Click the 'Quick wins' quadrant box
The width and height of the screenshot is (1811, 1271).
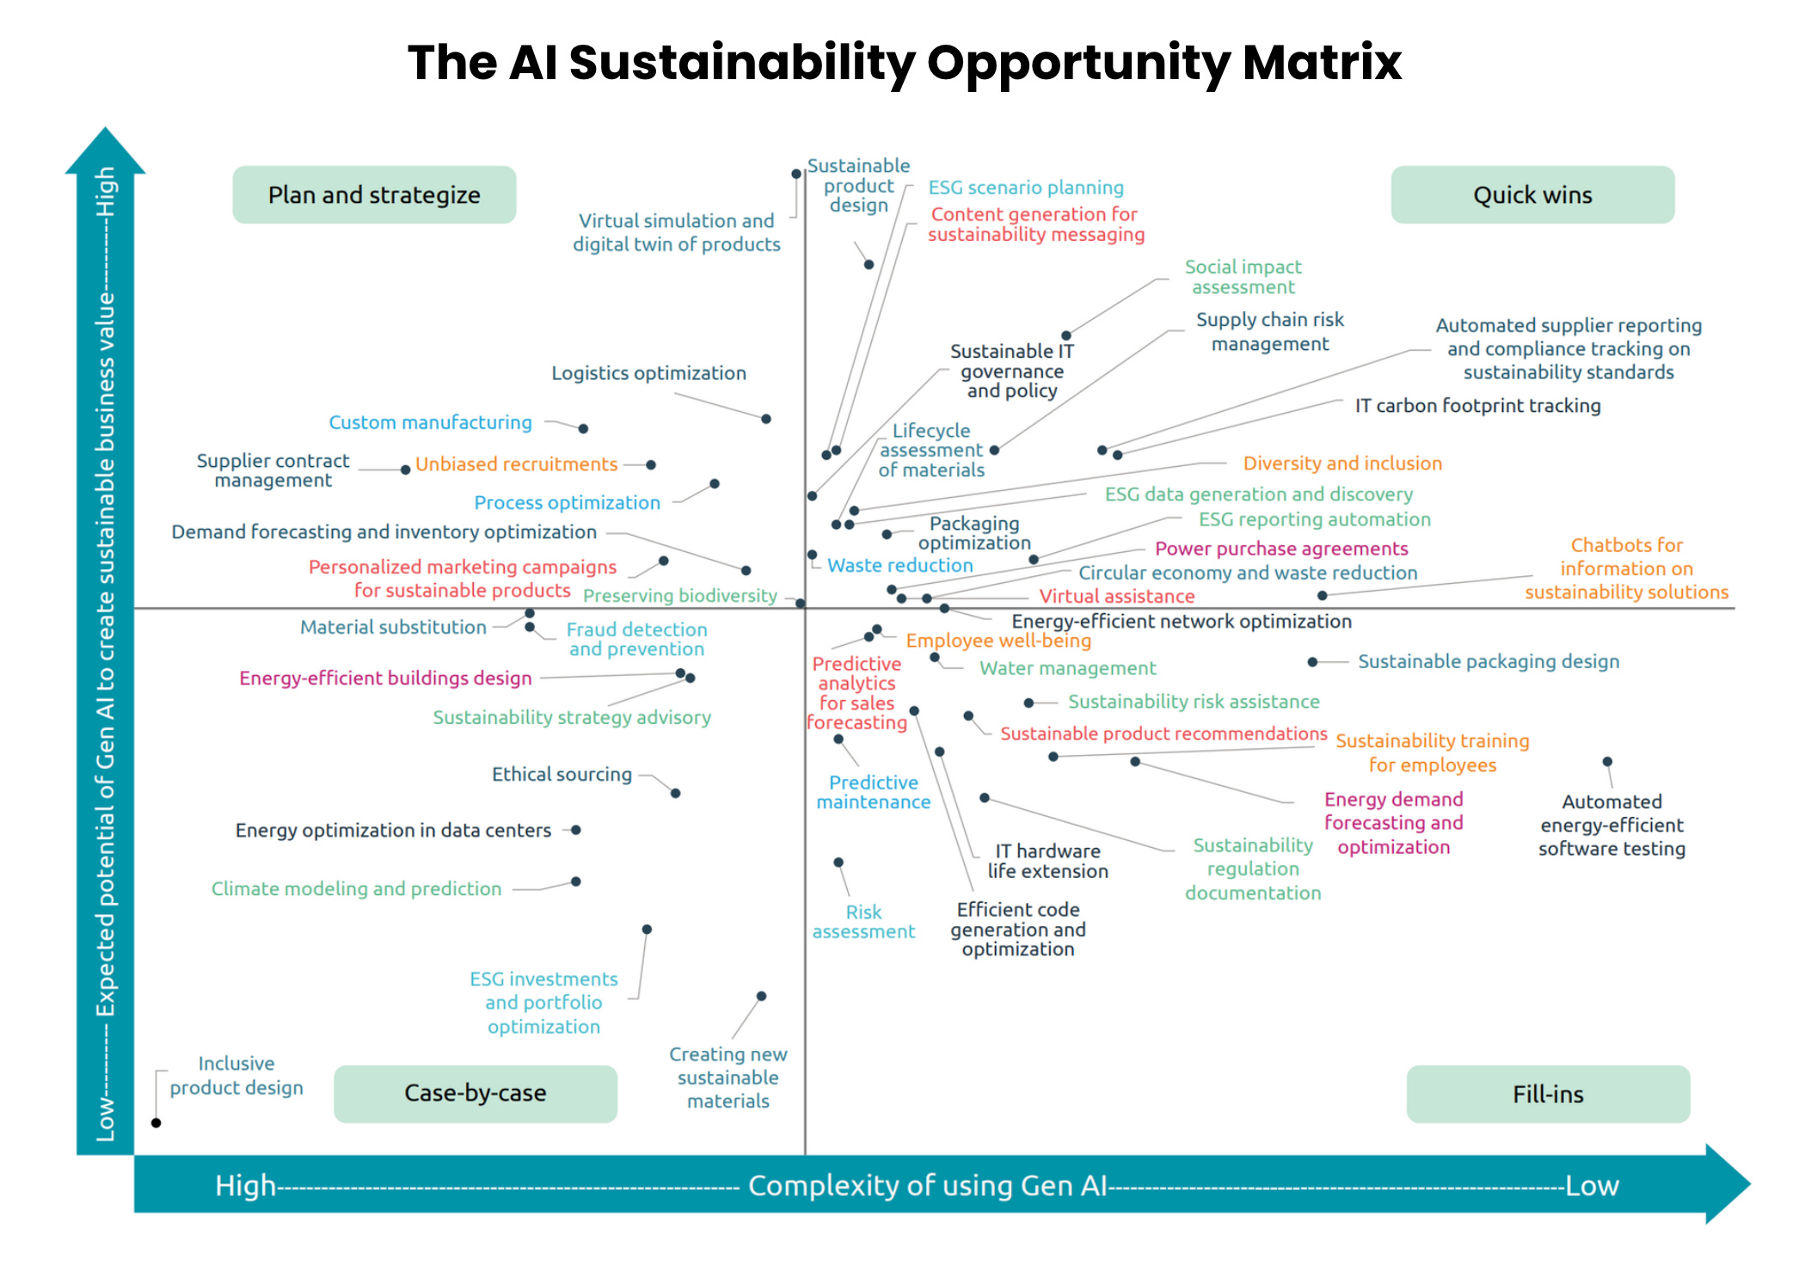pyautogui.click(x=1532, y=195)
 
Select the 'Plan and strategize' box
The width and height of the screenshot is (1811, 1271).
pyautogui.click(x=374, y=195)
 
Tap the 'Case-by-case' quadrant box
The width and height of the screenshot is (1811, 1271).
pyautogui.click(x=475, y=1093)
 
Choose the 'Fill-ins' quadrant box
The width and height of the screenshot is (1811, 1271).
pyautogui.click(x=1548, y=1094)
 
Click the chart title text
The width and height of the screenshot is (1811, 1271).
pyautogui.click(x=905, y=62)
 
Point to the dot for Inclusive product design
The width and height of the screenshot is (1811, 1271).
pyautogui.click(x=156, y=1123)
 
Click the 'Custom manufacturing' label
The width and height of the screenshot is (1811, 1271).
pyautogui.click(x=430, y=422)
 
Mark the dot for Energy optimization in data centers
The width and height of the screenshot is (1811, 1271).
pyautogui.click(x=576, y=830)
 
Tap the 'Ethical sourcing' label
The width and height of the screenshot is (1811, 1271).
pyautogui.click(x=562, y=774)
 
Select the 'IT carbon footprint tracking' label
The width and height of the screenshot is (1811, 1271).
pyautogui.click(x=1477, y=406)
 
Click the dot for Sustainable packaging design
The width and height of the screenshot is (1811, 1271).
pyautogui.click(x=1312, y=662)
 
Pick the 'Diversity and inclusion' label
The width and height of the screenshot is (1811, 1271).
pyautogui.click(x=1342, y=464)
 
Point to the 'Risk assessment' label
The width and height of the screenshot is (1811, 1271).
pyautogui.click(x=863, y=922)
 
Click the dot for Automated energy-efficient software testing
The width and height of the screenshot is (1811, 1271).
pyautogui.click(x=1607, y=762)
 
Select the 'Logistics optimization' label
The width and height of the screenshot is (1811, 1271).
pyautogui.click(x=648, y=373)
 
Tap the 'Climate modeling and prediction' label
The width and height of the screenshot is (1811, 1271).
pyautogui.click(x=356, y=888)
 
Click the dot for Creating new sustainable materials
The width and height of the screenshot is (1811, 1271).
pyautogui.click(x=761, y=997)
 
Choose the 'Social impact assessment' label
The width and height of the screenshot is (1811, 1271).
pyautogui.click(x=1243, y=277)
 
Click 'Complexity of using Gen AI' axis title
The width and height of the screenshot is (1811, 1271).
pyautogui.click(x=927, y=1185)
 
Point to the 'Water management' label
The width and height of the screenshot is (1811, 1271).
pyautogui.click(x=1067, y=668)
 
